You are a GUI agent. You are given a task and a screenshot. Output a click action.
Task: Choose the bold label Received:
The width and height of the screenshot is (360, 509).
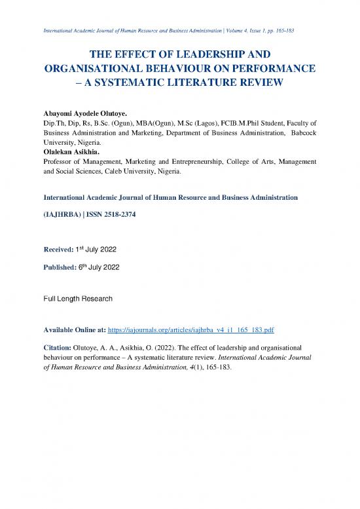tap(59, 248)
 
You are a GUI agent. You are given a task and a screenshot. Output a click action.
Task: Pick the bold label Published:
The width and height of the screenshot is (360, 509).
tap(61, 267)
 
